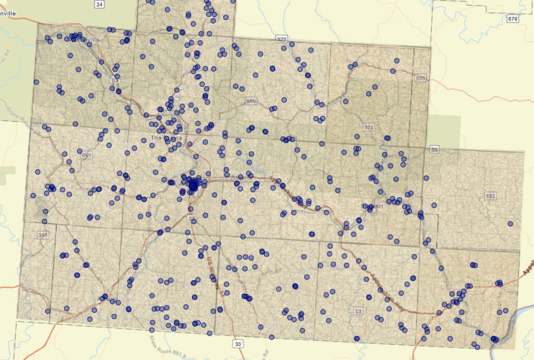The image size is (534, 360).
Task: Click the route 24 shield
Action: tap(99, 4)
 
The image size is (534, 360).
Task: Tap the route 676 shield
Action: tap(513, 19)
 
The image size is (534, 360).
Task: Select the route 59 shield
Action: tap(435, 150)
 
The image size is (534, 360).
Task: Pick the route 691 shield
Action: tap(87, 155)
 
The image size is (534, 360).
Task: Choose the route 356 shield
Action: tap(43, 235)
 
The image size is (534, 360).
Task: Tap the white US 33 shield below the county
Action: tap(238, 344)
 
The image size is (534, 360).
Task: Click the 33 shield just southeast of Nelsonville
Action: tap(115, 81)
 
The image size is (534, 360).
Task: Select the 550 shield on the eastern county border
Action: tap(421, 78)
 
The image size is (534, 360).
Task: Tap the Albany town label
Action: tap(108, 299)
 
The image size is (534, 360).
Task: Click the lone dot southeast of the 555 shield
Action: tap(510, 224)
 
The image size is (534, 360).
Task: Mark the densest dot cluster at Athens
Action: tap(193, 184)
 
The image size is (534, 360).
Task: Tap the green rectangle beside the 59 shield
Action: tap(444, 130)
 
